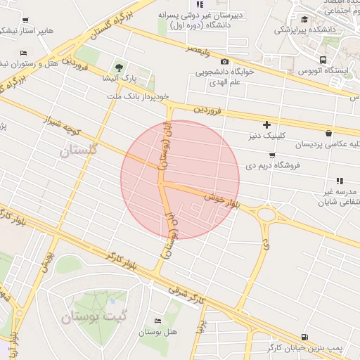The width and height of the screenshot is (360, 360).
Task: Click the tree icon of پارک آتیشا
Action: (120, 68)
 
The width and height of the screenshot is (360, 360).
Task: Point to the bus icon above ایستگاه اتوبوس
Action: (323, 60)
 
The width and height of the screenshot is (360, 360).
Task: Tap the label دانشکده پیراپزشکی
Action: (306, 30)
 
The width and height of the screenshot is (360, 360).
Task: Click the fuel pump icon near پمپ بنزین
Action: (304, 337)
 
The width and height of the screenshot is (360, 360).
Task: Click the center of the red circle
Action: (180, 179)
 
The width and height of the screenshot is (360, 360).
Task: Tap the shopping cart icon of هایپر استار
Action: (26, 20)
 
